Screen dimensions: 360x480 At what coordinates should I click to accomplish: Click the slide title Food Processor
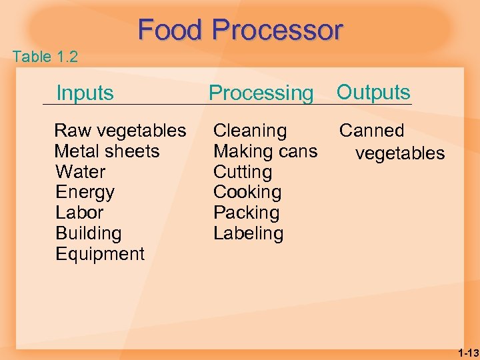click(x=240, y=30)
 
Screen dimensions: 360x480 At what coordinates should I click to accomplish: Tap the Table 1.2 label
click(x=45, y=57)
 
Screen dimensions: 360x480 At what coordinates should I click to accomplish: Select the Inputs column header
click(x=85, y=93)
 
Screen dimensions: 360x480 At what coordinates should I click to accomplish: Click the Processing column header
click(x=261, y=93)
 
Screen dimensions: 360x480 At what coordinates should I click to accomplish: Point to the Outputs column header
click(x=373, y=92)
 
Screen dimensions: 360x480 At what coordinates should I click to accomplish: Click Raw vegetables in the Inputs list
click(x=120, y=131)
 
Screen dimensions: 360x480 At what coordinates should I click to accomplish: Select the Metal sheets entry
click(x=107, y=151)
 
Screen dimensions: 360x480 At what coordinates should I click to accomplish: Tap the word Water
click(x=80, y=172)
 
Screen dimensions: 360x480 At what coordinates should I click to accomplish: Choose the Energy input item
click(x=85, y=193)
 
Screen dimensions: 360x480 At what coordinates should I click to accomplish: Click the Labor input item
click(x=79, y=213)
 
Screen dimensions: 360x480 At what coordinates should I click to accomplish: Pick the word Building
click(x=88, y=233)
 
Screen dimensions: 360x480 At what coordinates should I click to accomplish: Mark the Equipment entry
click(x=99, y=254)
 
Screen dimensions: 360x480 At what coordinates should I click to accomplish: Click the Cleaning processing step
click(x=250, y=131)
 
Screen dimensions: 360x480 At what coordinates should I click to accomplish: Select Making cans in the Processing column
click(x=265, y=151)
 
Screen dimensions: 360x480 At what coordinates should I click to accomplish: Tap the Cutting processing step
click(x=243, y=172)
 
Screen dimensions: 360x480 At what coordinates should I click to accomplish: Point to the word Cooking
click(x=247, y=192)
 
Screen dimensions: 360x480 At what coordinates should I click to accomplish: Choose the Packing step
click(x=246, y=213)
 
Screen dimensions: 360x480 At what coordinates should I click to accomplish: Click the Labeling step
click(x=248, y=233)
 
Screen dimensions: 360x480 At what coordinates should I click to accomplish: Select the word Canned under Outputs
click(x=372, y=131)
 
